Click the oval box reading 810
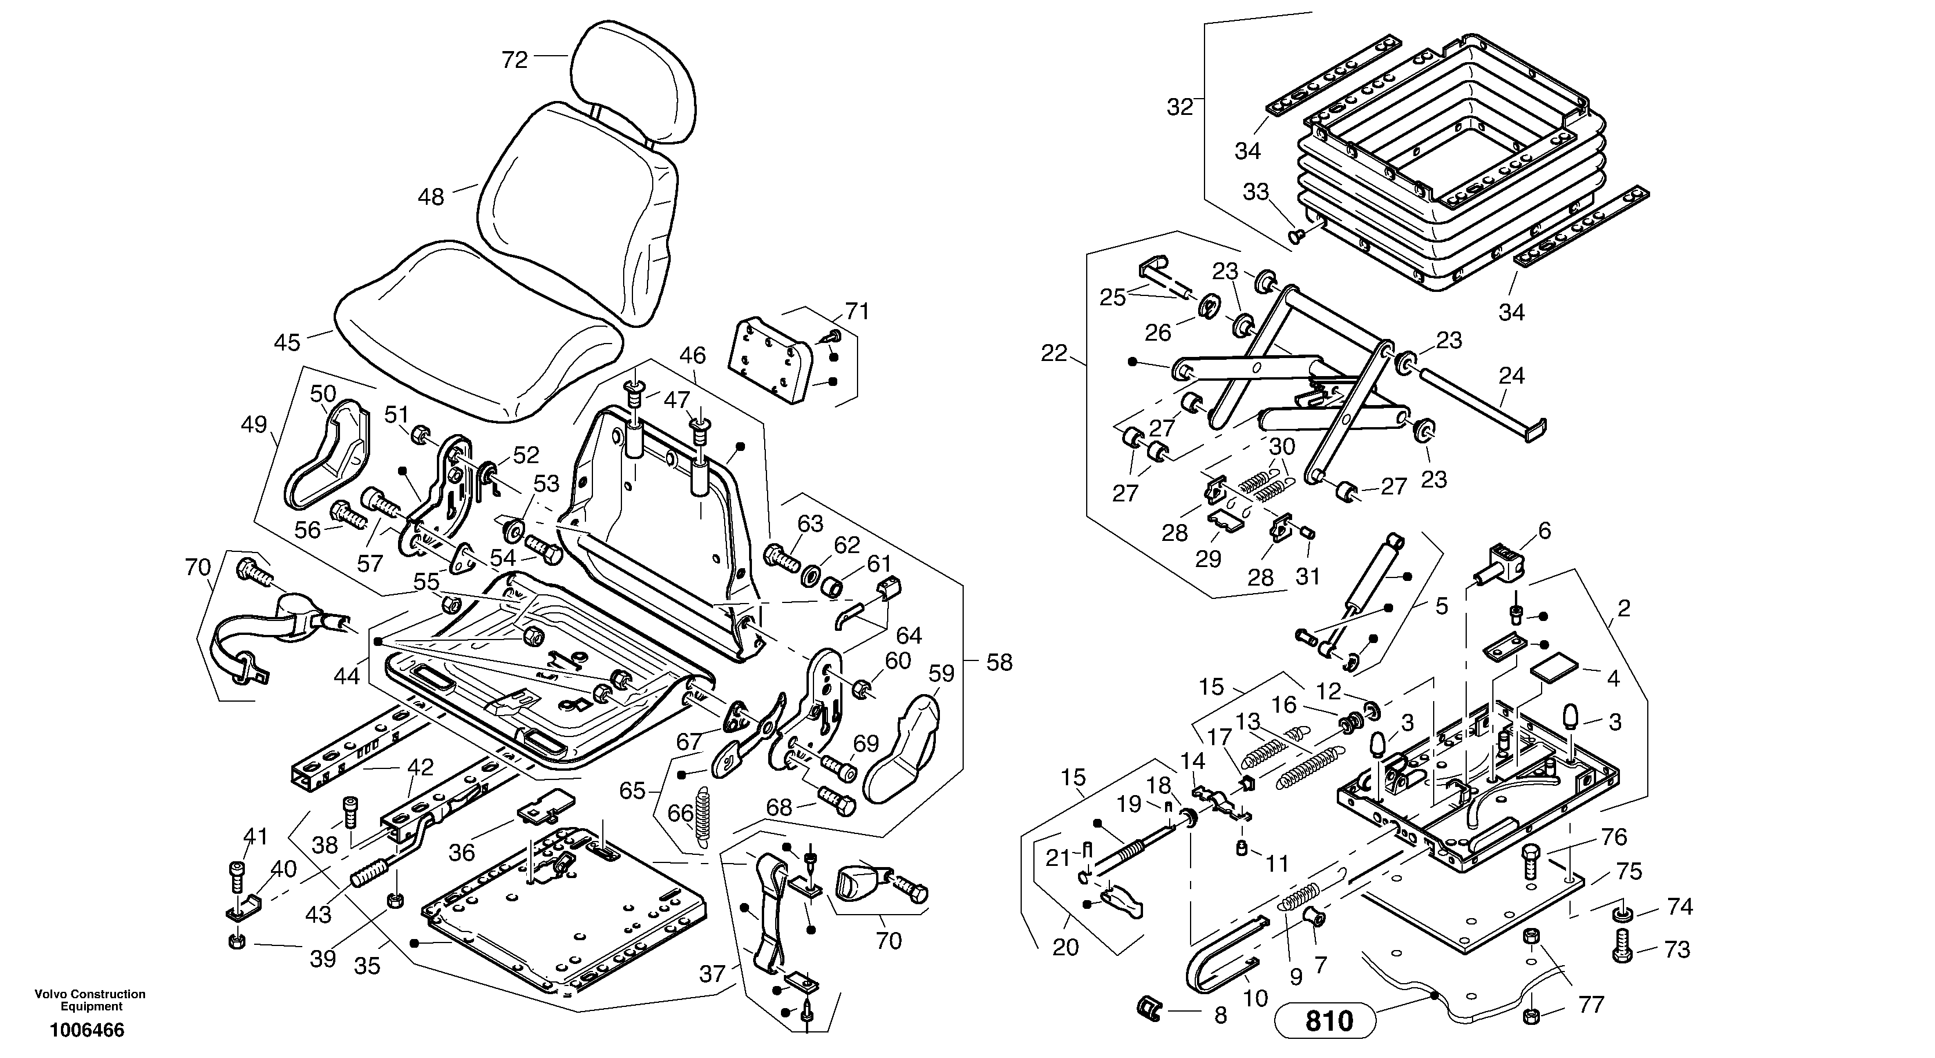tap(1325, 1020)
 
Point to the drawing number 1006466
tap(87, 1030)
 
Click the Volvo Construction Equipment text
tap(90, 1000)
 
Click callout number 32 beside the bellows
tap(1180, 107)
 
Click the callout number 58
tap(999, 663)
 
